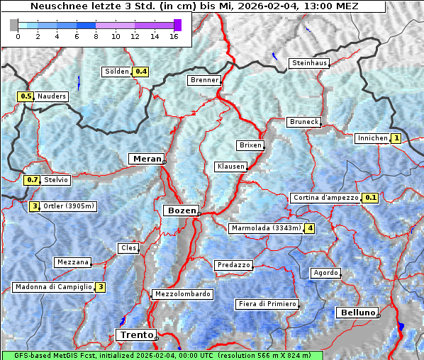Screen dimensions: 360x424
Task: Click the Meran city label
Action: coord(146,159)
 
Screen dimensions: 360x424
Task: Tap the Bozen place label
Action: coord(181,210)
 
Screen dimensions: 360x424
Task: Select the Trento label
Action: coord(134,334)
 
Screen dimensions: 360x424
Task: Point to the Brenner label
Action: coord(204,80)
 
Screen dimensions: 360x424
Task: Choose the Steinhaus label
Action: coord(310,63)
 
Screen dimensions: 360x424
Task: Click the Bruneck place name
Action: coord(304,122)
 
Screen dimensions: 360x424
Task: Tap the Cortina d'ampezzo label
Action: coord(325,198)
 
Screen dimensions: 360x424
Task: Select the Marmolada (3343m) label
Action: coord(266,228)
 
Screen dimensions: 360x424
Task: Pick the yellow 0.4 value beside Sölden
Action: coord(141,72)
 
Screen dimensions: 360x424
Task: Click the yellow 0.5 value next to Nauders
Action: coord(26,96)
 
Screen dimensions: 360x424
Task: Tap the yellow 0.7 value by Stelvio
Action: coord(32,180)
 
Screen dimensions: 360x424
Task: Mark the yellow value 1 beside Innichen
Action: coord(396,138)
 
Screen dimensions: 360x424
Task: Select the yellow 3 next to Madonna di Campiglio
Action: coord(101,287)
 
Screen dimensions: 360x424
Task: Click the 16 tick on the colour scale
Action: coord(174,36)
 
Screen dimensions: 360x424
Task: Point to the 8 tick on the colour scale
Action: coord(96,36)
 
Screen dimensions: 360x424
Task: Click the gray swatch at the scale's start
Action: coord(14,25)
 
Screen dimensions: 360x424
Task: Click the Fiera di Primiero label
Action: coord(267,304)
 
